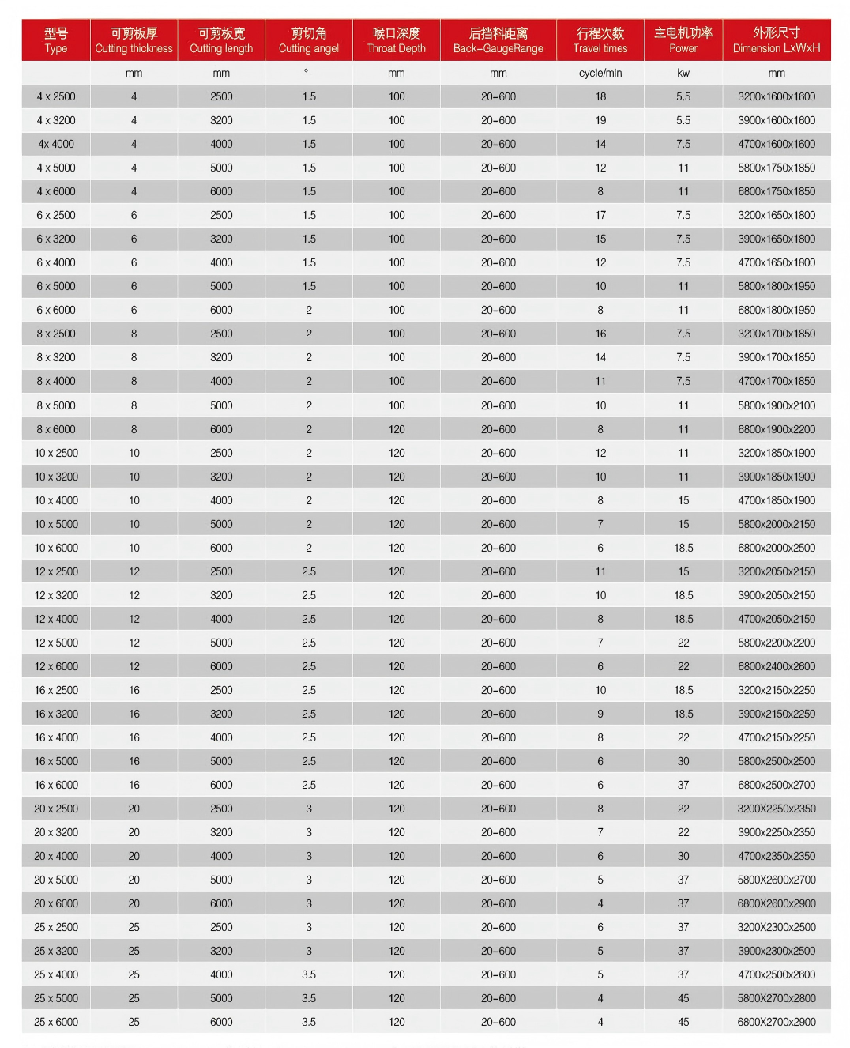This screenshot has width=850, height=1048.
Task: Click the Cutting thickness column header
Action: tap(134, 40)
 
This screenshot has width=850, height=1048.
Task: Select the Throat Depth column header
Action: tap(396, 40)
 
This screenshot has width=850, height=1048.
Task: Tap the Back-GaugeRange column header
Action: tap(498, 40)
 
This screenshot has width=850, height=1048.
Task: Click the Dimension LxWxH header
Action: tap(776, 40)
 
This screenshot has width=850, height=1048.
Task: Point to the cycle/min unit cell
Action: tap(600, 73)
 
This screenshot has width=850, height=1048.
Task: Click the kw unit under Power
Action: tap(683, 73)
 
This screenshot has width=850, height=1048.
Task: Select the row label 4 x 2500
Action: tap(56, 96)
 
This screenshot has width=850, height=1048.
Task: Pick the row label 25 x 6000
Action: tap(56, 1022)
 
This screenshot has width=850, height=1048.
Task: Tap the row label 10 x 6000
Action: tap(56, 548)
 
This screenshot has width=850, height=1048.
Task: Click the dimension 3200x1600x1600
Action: tap(777, 96)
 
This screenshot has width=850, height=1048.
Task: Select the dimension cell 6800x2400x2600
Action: tap(777, 666)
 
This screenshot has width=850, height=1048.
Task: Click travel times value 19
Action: tap(600, 120)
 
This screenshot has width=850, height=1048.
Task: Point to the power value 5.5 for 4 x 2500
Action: tap(683, 96)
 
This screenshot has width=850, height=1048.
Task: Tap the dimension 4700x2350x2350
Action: tap(777, 856)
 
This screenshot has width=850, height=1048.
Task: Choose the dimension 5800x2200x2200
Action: tap(777, 643)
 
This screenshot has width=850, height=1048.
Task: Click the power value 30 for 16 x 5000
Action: tap(683, 761)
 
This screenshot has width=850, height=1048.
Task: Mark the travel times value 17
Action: tap(600, 215)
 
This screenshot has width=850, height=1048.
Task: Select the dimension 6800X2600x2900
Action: tap(777, 903)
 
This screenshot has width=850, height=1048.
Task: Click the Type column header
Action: tap(56, 40)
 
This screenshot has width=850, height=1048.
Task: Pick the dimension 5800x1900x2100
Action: tap(777, 405)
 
